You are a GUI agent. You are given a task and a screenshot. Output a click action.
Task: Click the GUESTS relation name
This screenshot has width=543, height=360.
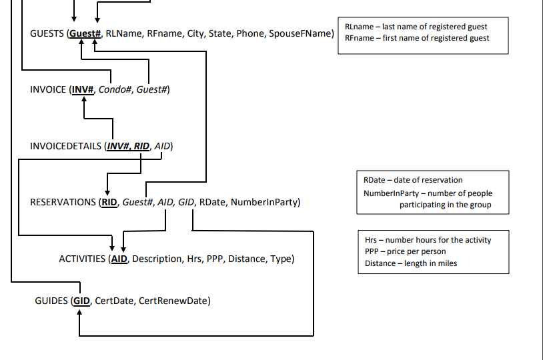coord(47,33)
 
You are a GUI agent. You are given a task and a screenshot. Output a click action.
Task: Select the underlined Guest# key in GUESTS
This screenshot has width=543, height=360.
coord(85,33)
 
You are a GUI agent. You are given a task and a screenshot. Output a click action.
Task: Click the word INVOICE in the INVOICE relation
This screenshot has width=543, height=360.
coord(48,90)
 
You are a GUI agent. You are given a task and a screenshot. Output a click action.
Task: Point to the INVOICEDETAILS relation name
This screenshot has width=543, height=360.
coord(66,146)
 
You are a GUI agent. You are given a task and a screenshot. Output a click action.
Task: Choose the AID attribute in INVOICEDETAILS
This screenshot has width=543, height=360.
coord(163,146)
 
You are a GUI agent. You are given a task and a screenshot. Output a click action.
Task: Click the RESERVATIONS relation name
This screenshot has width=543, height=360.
coord(63,202)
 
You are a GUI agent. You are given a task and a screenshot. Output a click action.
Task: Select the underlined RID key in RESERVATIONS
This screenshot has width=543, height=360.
coord(109,202)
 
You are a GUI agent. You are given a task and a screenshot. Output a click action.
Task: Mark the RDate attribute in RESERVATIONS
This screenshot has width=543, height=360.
coord(211,202)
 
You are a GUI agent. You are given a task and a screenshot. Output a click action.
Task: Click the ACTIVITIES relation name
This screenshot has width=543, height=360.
coord(82,259)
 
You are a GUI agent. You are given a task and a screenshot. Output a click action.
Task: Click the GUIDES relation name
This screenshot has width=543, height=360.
coord(51,301)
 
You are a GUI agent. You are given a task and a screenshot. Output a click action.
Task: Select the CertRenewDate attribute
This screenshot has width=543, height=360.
coord(174,301)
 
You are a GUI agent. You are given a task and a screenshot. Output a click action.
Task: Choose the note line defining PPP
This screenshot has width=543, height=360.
coord(406,251)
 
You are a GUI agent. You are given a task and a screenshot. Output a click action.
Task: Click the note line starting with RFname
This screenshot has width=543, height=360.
coord(417,38)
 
